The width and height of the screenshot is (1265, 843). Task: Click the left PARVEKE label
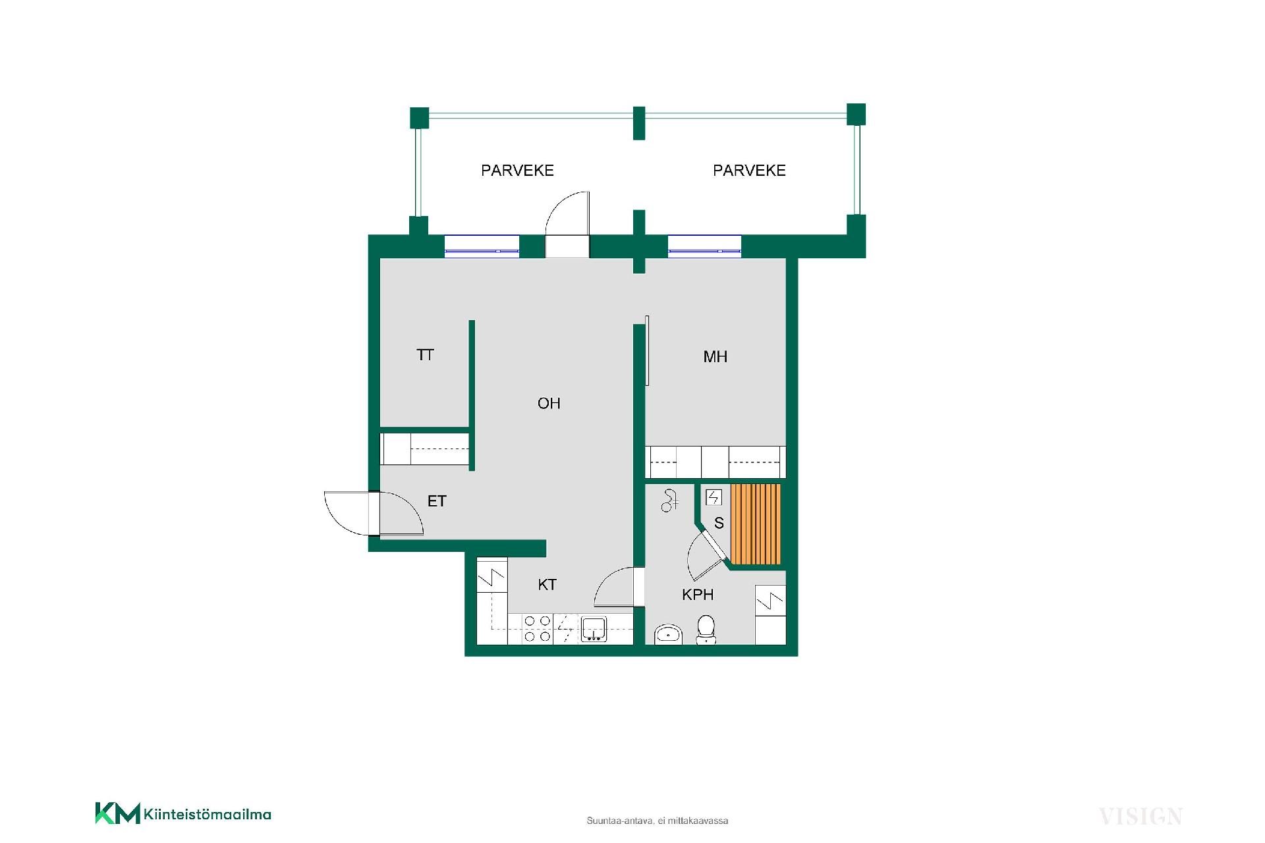[x=517, y=171]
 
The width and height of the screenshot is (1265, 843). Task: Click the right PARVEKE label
[x=749, y=171]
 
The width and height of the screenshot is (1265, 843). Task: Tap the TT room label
[x=425, y=355]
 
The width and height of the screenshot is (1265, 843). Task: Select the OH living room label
[x=549, y=403]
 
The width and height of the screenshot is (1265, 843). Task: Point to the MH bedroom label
[x=716, y=357]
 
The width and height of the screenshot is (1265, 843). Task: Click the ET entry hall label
[x=437, y=501]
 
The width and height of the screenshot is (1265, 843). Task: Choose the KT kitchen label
[x=547, y=584]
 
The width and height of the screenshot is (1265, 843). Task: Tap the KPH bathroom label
[x=698, y=595]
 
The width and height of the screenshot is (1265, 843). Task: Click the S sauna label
[x=719, y=523]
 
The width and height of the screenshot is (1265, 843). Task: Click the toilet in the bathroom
[x=706, y=630]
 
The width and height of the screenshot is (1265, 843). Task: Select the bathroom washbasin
[x=669, y=634]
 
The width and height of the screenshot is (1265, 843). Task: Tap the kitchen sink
[x=594, y=628]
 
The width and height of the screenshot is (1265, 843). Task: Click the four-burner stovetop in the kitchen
[x=537, y=628]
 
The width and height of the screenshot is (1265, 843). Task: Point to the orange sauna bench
[x=756, y=524]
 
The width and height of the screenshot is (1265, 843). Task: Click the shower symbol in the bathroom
[x=670, y=501]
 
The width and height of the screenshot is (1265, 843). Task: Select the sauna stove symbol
[x=714, y=497]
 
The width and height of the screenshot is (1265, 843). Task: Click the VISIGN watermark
[x=1140, y=817]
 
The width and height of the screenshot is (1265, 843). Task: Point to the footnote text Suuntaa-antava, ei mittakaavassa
[x=658, y=821]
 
